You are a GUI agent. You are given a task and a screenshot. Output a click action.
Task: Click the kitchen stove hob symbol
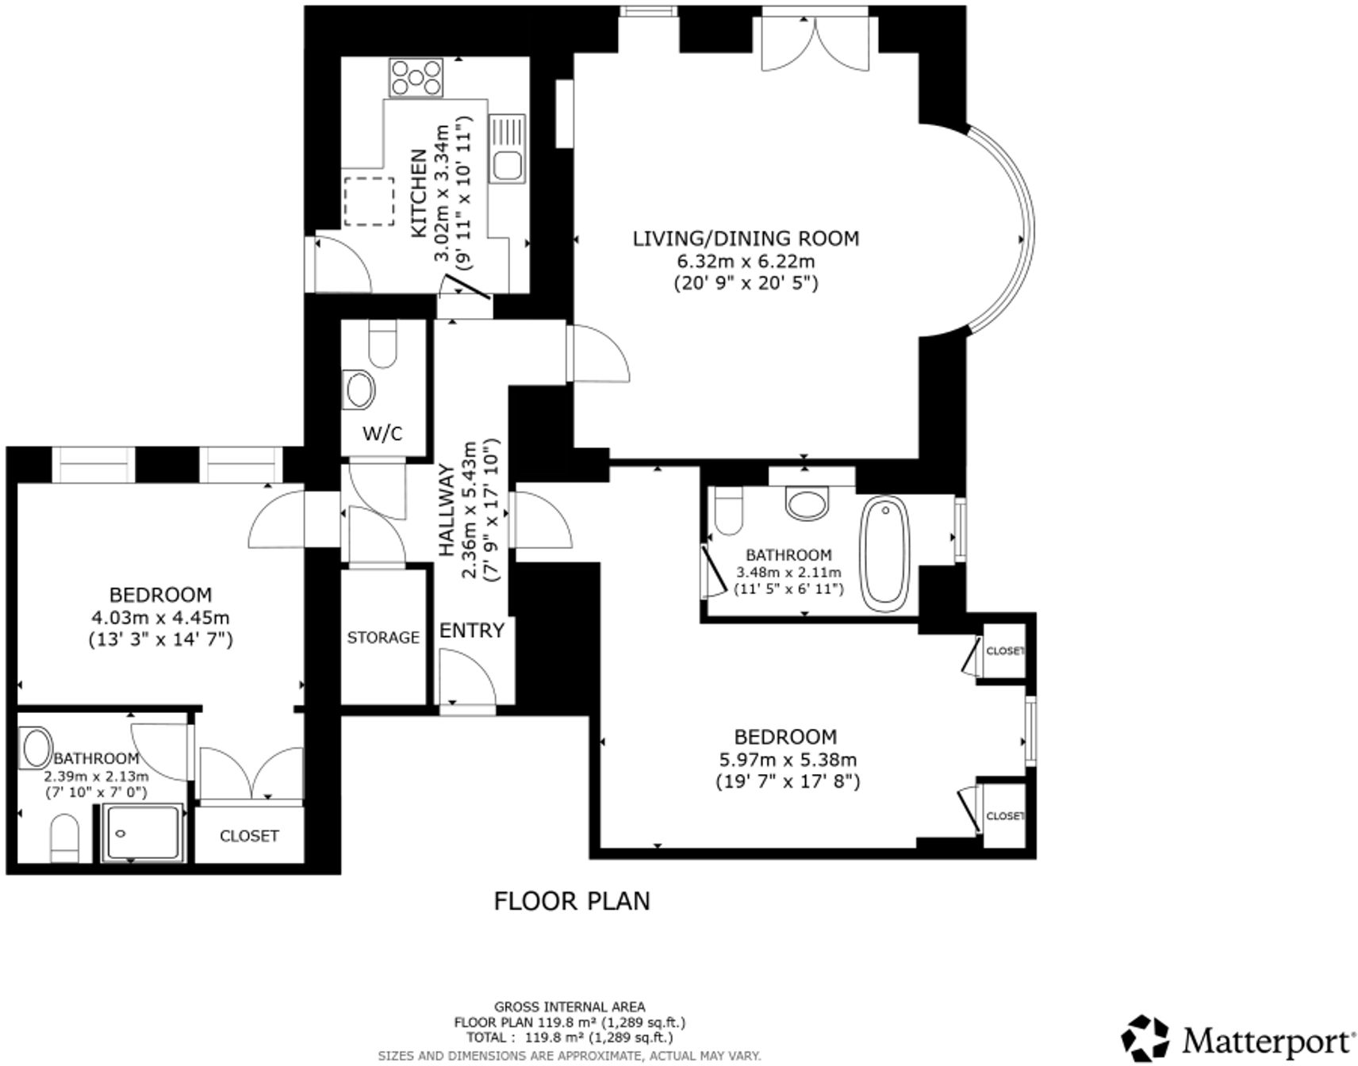point(416,78)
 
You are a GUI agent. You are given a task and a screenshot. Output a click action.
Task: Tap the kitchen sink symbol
point(506,149)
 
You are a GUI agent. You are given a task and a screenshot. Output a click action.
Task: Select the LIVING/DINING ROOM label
point(746,238)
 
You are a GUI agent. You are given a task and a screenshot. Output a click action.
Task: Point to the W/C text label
point(382,433)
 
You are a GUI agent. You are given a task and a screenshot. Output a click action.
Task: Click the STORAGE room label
point(383,637)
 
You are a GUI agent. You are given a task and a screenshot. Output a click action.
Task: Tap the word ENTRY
point(472,631)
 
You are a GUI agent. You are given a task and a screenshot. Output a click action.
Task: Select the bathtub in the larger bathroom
point(885,553)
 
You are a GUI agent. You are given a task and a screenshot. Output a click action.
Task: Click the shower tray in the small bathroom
point(144,832)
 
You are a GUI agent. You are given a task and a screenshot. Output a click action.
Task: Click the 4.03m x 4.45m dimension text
point(161,617)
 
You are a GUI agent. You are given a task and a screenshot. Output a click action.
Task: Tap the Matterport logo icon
point(1145,1037)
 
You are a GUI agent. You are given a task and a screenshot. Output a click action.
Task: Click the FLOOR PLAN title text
point(572,901)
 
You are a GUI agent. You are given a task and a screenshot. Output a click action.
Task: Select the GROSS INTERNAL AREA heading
point(570,1007)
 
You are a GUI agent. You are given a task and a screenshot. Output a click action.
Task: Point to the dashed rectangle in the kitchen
point(370,201)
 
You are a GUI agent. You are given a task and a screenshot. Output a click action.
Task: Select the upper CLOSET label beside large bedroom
point(1004,651)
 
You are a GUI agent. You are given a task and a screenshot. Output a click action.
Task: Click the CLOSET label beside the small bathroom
point(249,836)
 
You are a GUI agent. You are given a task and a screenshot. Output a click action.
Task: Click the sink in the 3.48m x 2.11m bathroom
point(807,503)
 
